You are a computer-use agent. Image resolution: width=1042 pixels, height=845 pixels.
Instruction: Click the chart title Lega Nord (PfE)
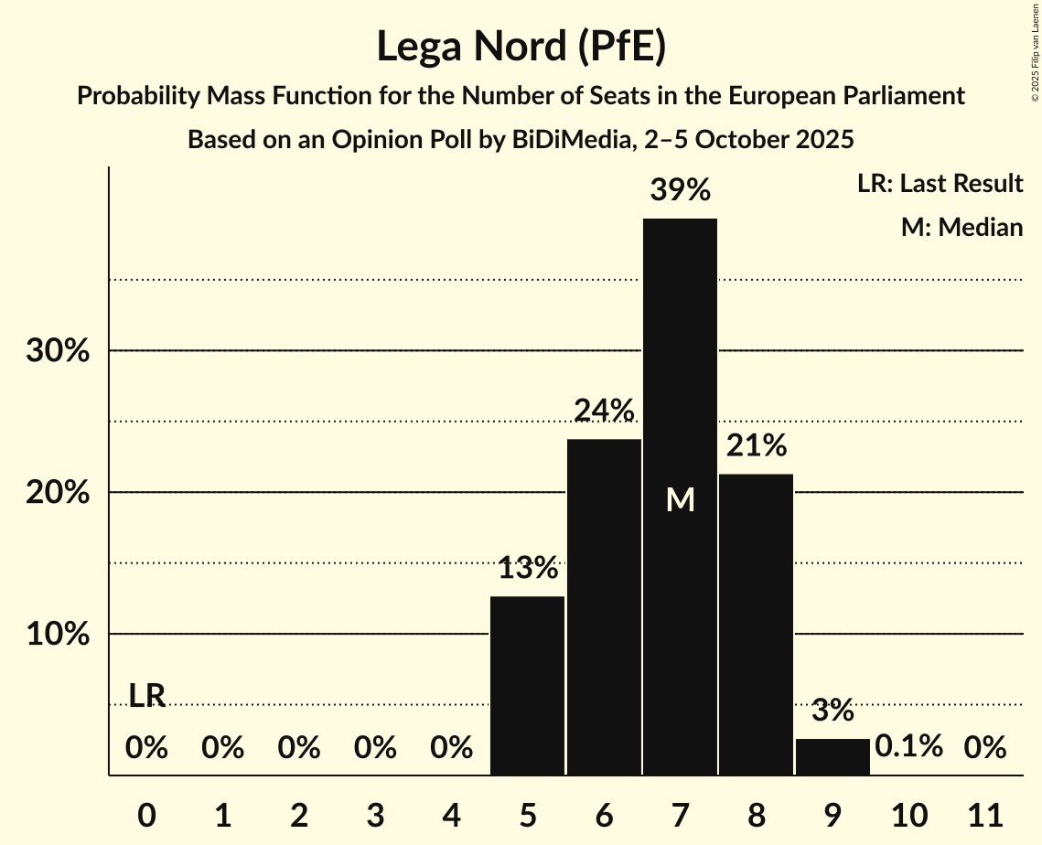pos(521,47)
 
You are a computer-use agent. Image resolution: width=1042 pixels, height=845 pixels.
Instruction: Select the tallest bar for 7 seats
pos(680,366)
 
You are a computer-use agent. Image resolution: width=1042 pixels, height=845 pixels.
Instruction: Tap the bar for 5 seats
pos(527,686)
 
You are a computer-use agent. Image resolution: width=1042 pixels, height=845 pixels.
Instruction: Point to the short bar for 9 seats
pos(833,756)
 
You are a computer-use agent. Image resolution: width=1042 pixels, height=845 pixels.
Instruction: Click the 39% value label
pos(680,191)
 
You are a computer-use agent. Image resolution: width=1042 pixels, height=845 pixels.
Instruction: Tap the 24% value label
pos(604,412)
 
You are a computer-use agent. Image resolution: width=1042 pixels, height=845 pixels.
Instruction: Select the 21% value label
pos(756,446)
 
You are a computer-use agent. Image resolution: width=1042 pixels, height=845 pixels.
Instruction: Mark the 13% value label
pos(528,569)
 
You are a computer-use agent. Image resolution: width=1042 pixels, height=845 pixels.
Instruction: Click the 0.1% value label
pos(908,747)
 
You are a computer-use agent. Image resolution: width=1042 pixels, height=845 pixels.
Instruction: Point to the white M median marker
pos(680,499)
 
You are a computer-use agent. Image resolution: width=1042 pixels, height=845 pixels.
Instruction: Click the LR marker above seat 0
pos(146,696)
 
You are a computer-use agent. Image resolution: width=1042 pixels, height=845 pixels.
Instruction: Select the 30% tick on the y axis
pos(57,351)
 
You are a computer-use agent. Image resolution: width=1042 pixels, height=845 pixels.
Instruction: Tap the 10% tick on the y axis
pos(57,635)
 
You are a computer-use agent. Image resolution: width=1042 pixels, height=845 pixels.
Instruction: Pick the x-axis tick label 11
pos(985,813)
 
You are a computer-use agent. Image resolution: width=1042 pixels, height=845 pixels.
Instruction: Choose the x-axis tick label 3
pos(375,813)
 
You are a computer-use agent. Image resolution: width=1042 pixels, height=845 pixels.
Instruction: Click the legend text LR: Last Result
pos(940,184)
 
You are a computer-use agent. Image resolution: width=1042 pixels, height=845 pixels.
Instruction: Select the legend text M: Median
pos(961,227)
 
